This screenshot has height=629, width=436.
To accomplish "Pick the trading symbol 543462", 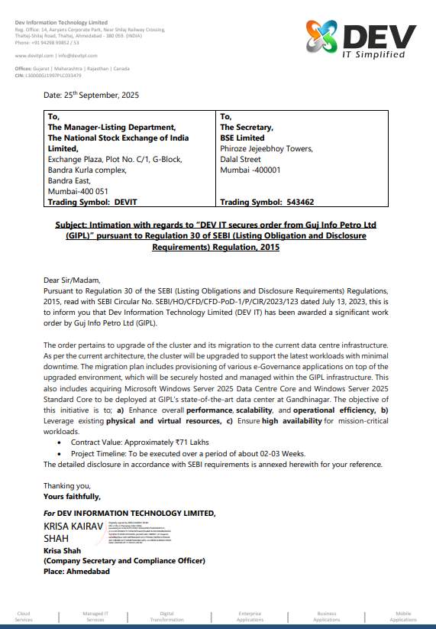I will (296, 203).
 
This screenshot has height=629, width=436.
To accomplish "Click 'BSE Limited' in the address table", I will (242, 138).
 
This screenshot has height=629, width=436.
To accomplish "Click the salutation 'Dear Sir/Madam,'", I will (72, 280).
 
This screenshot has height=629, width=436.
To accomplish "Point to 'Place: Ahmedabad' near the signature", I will (76, 571).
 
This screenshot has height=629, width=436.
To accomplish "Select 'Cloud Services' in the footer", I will (24, 616).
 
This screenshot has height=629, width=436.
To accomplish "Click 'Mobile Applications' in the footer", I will (403, 616).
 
